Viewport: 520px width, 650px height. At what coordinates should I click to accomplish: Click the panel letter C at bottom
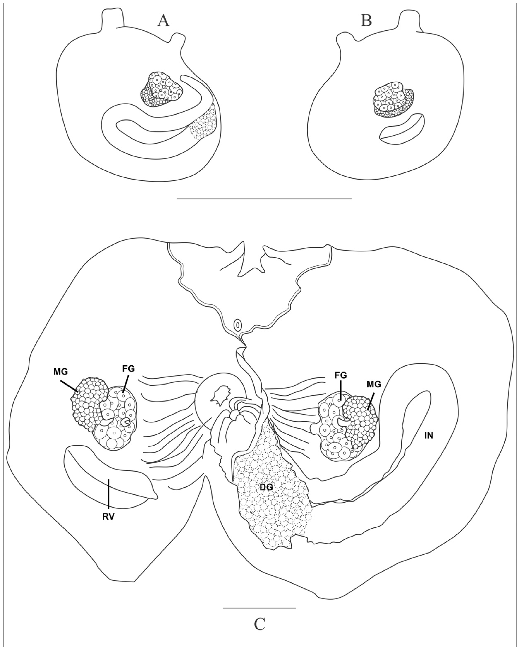[259, 624]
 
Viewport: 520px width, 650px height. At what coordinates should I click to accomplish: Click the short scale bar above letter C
[259, 605]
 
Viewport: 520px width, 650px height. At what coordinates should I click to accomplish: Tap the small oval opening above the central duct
[238, 325]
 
